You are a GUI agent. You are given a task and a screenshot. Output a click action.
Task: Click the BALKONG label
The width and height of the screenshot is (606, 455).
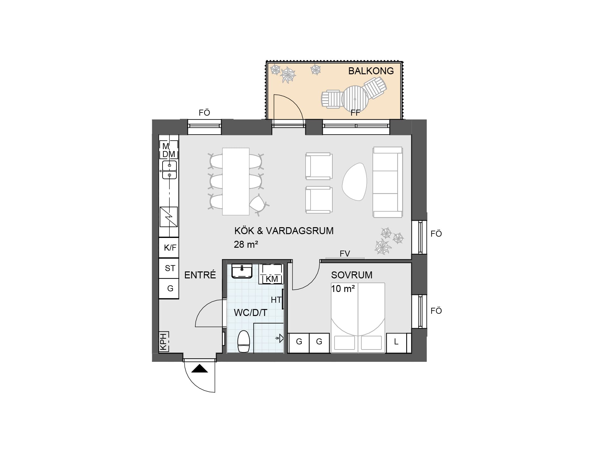(371, 71)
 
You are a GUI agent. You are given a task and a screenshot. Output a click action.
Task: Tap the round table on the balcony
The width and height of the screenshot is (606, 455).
(355, 99)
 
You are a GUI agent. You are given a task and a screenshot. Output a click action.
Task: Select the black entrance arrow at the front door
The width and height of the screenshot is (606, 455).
(199, 368)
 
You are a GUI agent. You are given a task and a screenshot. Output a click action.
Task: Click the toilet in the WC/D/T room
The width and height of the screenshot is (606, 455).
(243, 341)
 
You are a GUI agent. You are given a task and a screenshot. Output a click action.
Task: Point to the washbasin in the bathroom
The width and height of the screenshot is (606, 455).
(242, 271)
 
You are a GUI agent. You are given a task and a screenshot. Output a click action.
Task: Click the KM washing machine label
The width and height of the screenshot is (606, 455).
(272, 279)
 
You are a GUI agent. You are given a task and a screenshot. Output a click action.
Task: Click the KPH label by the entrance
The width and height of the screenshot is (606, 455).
(163, 342)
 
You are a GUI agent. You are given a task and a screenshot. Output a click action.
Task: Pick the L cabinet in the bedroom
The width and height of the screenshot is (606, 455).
(396, 343)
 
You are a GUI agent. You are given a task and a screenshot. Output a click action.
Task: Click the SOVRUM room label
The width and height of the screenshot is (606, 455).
(352, 275)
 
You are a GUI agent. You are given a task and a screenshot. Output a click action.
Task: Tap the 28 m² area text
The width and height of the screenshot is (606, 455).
(246, 244)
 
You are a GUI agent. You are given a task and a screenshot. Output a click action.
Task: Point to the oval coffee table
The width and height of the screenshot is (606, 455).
(354, 182)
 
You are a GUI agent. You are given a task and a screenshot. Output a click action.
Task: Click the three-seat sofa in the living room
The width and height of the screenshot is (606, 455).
(388, 182)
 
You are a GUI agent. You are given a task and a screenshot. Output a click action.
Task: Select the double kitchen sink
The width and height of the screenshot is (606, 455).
(169, 170)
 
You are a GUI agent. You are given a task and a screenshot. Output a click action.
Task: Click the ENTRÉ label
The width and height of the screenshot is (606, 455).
(200, 275)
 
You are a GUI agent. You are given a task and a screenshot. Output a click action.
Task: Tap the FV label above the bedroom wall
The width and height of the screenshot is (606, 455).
(345, 253)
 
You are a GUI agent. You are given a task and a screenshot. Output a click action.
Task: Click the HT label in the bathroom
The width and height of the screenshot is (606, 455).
(276, 300)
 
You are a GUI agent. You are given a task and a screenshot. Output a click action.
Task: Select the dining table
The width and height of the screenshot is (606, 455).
(236, 181)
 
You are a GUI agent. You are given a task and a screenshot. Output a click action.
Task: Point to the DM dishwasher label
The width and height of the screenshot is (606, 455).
(169, 154)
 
